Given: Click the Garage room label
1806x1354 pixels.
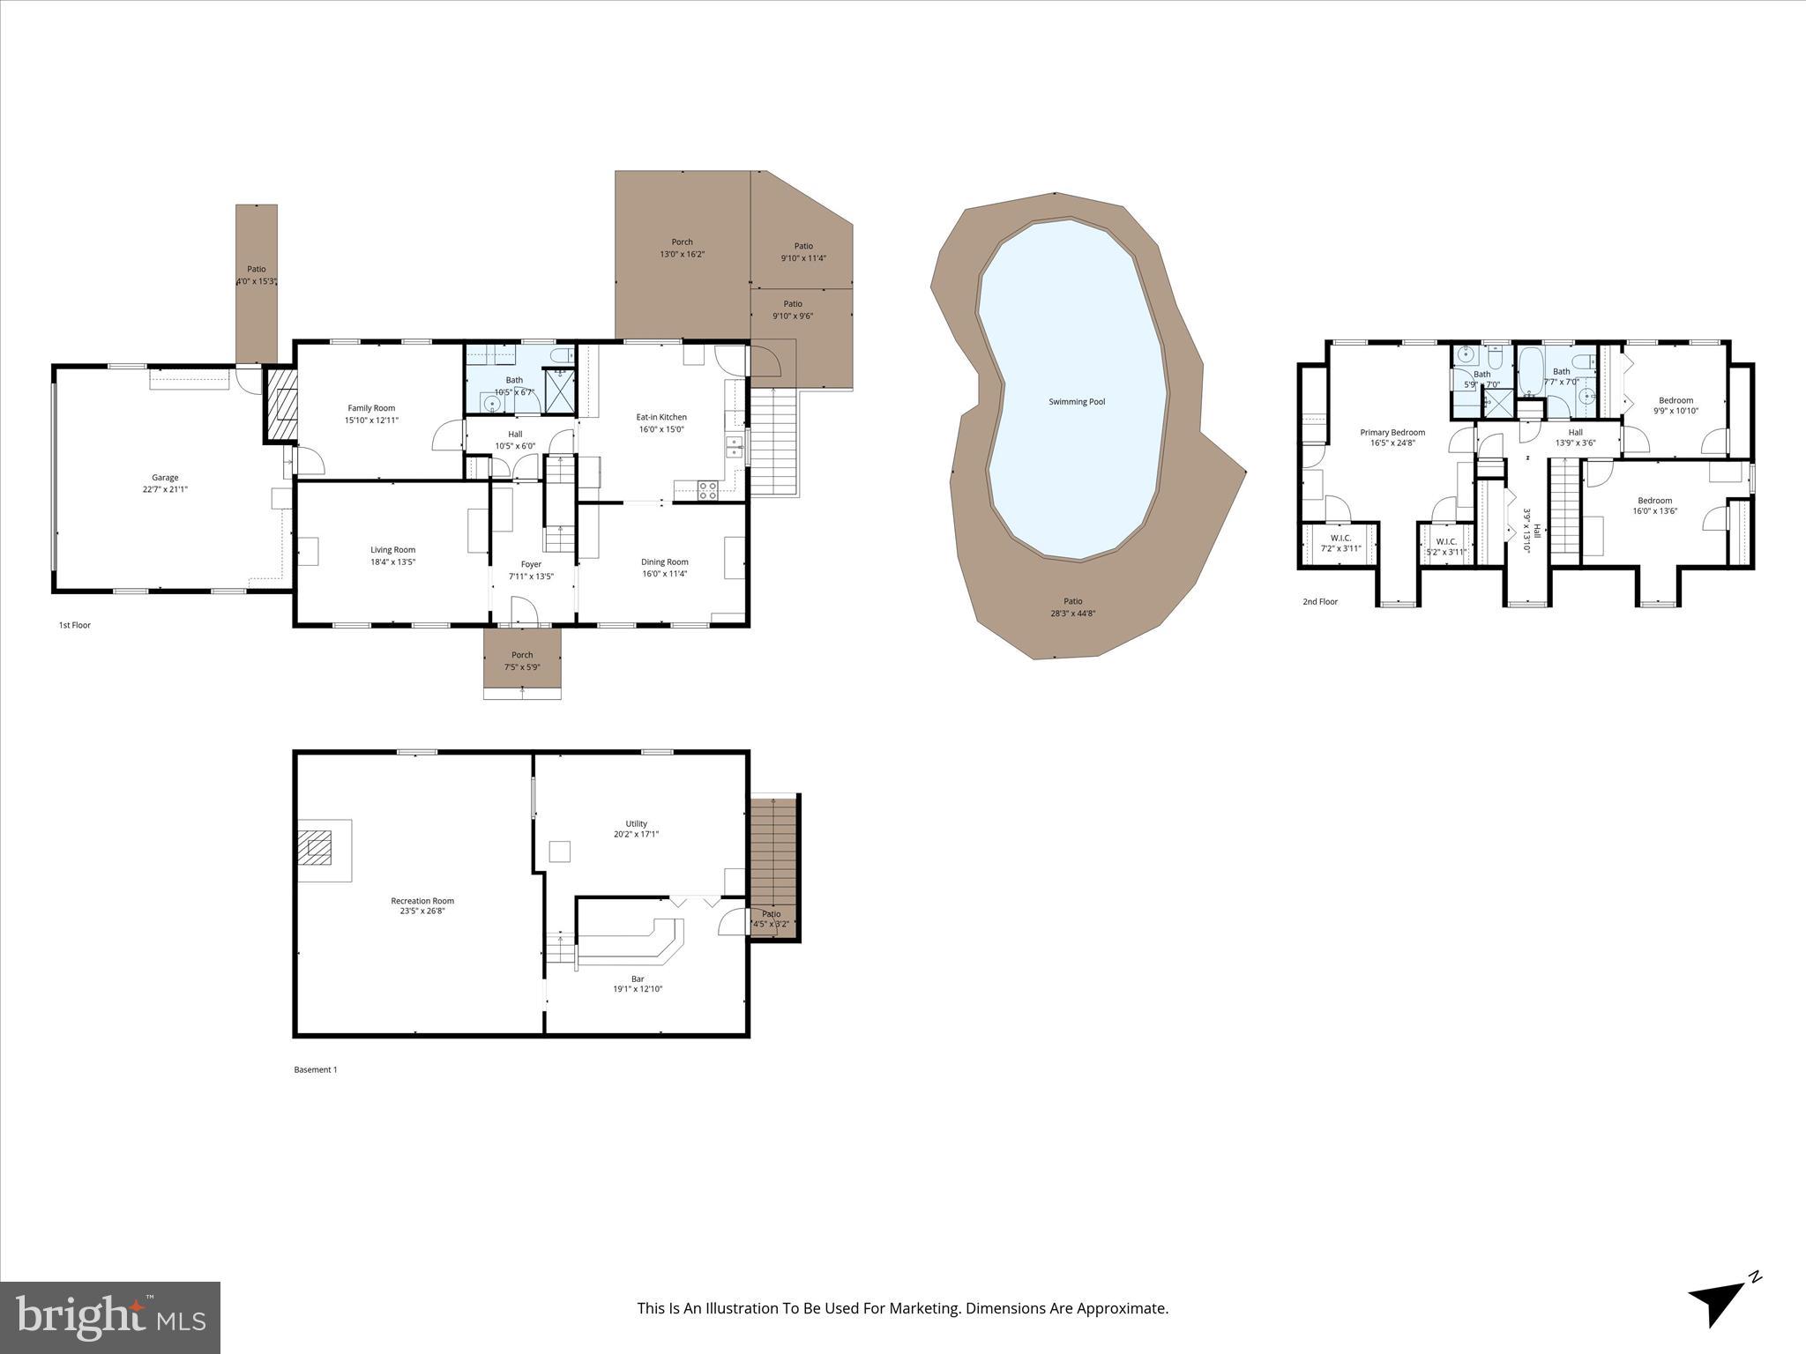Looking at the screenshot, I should point(165,478).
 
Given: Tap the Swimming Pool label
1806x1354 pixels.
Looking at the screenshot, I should point(1076,402).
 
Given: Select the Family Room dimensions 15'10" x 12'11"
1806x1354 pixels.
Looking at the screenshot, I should point(371,420).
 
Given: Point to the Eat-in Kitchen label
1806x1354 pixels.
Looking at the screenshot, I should point(661,417).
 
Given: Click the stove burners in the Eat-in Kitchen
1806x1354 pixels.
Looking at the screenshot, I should point(707,490).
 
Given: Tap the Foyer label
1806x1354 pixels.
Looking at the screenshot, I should point(531,564).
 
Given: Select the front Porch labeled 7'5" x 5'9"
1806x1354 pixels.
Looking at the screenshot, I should point(522,660).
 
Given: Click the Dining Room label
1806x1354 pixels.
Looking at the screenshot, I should point(664,562).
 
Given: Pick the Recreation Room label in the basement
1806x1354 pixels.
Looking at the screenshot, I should point(422,901).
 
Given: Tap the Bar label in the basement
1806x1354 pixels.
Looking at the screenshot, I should point(638,978).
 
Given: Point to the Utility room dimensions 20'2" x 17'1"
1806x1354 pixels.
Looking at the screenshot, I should point(636,834).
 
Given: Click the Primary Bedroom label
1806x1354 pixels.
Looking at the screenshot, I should point(1392,432).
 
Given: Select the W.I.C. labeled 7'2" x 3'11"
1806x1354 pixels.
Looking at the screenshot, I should point(1340,543).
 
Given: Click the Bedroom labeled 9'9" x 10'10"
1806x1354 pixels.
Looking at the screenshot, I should point(1675,405).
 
